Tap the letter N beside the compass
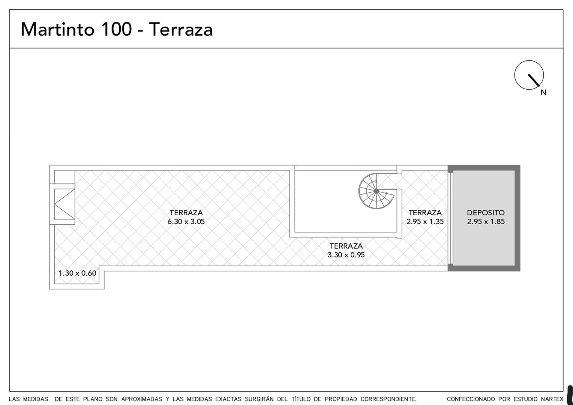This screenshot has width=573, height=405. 543,93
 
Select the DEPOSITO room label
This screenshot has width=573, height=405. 486,213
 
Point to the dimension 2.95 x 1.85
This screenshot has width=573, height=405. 486,222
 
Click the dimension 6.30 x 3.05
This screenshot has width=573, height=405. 186,222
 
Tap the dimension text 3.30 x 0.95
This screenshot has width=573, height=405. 346,255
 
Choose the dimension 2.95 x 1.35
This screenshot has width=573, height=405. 425,222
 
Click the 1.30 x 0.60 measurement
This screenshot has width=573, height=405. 77,273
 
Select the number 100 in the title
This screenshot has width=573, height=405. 117,29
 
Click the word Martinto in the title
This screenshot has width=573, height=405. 57,29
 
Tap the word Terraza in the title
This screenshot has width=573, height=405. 181,29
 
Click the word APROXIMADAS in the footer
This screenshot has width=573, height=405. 142,399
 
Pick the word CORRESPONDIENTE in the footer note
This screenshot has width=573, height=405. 388,399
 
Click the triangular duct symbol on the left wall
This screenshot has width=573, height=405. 64,204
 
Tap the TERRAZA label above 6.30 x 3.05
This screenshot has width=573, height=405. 186,213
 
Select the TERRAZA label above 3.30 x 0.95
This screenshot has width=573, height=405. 346,246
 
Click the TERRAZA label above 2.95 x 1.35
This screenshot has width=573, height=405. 425,213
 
